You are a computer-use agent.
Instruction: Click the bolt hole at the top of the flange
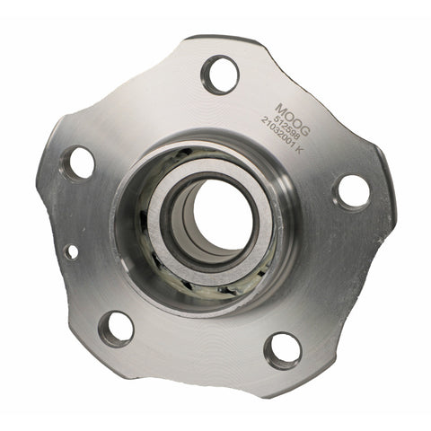[220, 75]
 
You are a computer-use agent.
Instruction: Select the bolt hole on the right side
[352, 190]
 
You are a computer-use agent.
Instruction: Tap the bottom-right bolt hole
[284, 349]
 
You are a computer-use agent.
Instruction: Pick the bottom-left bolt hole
[116, 329]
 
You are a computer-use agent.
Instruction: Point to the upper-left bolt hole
[79, 163]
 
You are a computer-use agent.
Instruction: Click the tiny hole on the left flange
[71, 251]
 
